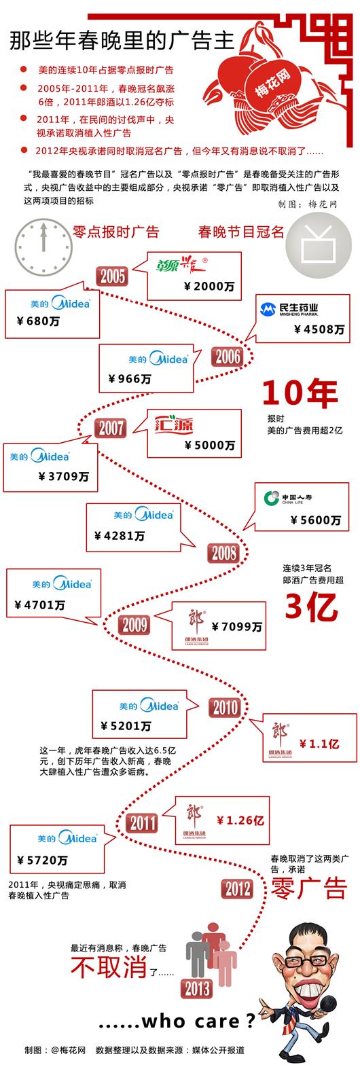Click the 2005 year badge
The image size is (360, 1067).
(113, 276)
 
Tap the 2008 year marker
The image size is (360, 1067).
(223, 553)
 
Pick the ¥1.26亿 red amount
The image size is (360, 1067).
(240, 820)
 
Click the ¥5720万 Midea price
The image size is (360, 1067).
(42, 860)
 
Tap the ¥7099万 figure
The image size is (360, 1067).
(236, 626)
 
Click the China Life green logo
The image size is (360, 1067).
(272, 499)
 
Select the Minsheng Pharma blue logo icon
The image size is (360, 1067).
(268, 309)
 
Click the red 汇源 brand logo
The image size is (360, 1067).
(174, 423)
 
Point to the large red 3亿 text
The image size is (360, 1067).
(311, 606)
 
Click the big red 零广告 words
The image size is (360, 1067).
(309, 888)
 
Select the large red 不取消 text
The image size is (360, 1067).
(109, 966)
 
